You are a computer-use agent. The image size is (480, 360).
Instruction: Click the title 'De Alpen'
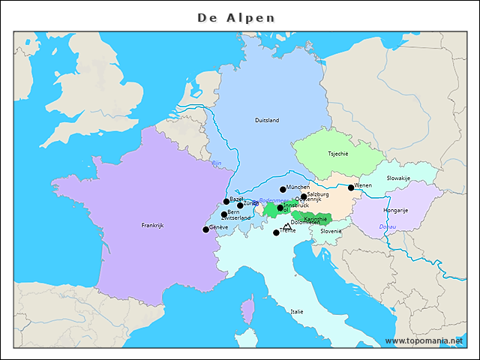(x=236, y=17)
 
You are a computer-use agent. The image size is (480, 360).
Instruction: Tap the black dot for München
(x=283, y=190)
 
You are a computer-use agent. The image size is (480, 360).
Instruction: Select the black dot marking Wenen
(x=351, y=187)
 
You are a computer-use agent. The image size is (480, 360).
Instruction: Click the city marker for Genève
(x=206, y=229)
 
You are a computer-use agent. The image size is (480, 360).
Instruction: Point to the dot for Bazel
(x=226, y=202)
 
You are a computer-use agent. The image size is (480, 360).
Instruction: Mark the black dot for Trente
(x=276, y=232)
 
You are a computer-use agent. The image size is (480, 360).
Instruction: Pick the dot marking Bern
(x=224, y=214)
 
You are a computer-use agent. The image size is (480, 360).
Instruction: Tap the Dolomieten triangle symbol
(x=286, y=226)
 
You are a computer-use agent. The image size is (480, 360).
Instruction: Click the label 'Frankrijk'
(x=152, y=225)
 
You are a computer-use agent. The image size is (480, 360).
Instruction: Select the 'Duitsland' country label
(x=267, y=120)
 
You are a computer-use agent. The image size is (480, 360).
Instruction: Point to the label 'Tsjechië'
(x=338, y=153)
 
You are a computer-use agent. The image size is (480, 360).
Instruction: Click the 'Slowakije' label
(x=398, y=178)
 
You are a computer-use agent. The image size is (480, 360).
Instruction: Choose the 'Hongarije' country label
(x=395, y=211)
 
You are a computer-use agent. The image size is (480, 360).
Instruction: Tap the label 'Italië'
(x=297, y=311)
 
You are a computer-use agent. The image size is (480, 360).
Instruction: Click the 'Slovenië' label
(x=331, y=231)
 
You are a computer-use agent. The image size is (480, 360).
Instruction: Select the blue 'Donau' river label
(x=387, y=226)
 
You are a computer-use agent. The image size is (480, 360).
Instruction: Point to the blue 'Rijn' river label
(x=217, y=163)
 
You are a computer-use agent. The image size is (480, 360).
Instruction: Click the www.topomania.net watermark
(x=424, y=341)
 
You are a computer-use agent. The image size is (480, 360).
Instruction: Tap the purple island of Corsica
(x=247, y=310)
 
